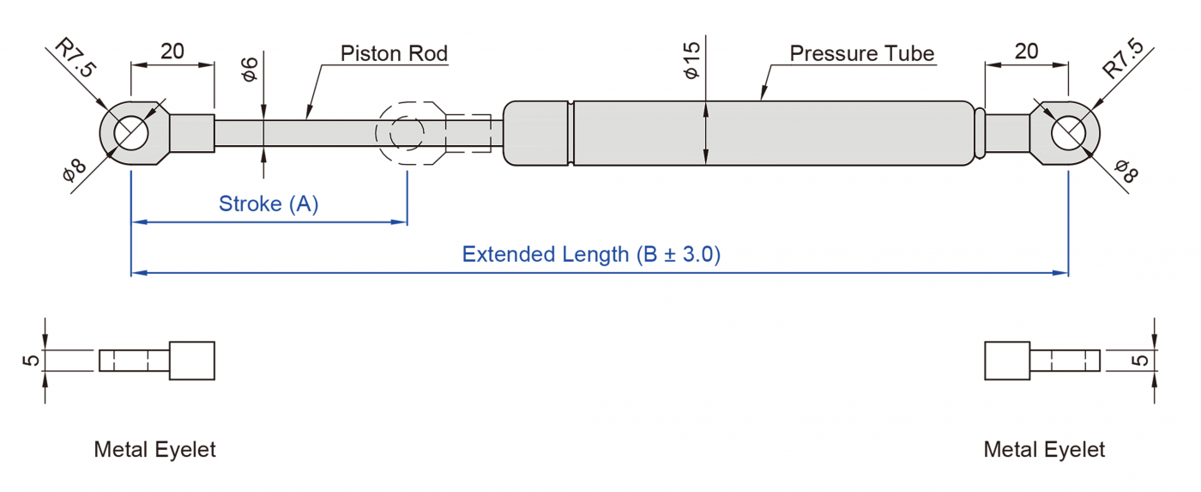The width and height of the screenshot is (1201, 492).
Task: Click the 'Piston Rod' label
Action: pyautogui.click(x=394, y=53)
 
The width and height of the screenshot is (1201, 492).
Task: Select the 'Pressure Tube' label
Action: pyautogui.click(x=861, y=53)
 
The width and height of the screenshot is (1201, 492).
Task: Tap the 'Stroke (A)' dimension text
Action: pyautogui.click(x=269, y=204)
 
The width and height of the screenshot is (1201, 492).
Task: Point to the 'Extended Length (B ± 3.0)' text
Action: pyautogui.click(x=591, y=254)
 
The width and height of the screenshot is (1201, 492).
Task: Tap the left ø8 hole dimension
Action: pyautogui.click(x=75, y=171)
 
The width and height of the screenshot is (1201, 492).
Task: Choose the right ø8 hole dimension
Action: pyautogui.click(x=1125, y=171)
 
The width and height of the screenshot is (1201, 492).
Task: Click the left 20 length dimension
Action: pyautogui.click(x=172, y=51)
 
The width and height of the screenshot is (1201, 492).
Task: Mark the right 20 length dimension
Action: pyautogui.click(x=1026, y=51)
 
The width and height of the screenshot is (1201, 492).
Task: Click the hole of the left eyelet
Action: pyautogui.click(x=131, y=133)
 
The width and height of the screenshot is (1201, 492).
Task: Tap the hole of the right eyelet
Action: pyautogui.click(x=1068, y=133)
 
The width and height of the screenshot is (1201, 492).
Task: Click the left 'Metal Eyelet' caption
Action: pyautogui.click(x=155, y=449)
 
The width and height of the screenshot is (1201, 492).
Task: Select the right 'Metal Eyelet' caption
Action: pyautogui.click(x=1044, y=449)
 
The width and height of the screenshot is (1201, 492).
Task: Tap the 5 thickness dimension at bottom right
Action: pyautogui.click(x=1140, y=360)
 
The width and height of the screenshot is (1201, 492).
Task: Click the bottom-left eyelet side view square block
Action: pyautogui.click(x=192, y=361)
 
